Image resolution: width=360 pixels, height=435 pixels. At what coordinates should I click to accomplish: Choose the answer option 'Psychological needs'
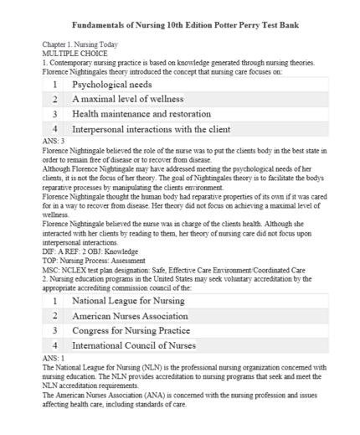click(115, 85)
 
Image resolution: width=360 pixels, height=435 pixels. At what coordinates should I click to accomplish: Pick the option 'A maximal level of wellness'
click(127, 99)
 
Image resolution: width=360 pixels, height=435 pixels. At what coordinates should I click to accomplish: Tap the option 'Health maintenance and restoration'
click(141, 114)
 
